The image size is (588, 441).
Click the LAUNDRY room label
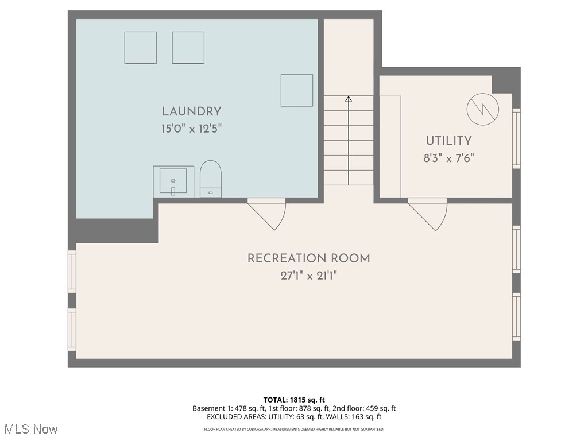(191, 111)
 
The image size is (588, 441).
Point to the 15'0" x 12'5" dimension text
(191, 129)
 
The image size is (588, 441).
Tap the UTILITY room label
(448, 141)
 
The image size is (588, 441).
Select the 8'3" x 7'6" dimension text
(448, 158)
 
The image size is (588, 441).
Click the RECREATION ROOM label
(308, 258)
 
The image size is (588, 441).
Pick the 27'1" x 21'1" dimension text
(308, 276)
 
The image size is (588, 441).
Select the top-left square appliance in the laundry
(141, 48)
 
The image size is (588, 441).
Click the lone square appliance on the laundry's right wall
(297, 90)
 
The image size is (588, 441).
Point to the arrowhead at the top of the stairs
(348, 99)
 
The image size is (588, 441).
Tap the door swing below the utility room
(428, 214)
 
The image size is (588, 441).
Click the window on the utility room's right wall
(516, 138)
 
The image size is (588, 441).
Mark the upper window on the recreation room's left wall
(72, 272)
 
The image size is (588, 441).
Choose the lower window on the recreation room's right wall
(516, 318)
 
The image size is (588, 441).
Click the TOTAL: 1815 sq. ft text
(294, 400)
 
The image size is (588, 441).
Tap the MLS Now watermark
(31, 429)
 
